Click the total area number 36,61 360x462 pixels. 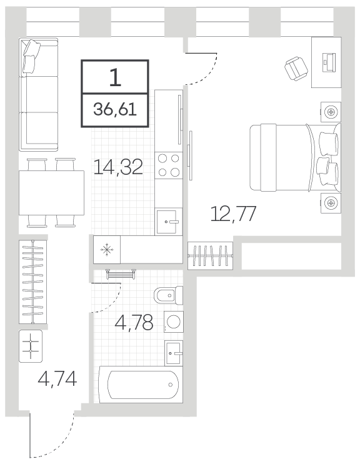click(x=115, y=110)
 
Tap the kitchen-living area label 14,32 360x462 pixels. click(x=118, y=167)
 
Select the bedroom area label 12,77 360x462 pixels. click(x=233, y=214)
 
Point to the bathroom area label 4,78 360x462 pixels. click(x=134, y=322)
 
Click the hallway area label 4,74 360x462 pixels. click(x=57, y=379)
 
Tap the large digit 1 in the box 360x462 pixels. click(x=115, y=77)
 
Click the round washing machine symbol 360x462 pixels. click(x=174, y=322)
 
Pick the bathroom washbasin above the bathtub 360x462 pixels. click(x=174, y=353)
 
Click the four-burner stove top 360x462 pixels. click(x=169, y=165)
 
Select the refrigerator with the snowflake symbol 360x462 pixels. click(x=107, y=250)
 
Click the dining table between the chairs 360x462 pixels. click(x=52, y=193)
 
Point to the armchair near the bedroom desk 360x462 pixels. click(x=296, y=68)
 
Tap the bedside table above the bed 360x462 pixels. click(x=331, y=112)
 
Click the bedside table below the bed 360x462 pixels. click(x=331, y=203)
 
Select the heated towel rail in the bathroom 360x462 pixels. click(x=121, y=274)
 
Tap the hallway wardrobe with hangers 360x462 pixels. click(x=33, y=282)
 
